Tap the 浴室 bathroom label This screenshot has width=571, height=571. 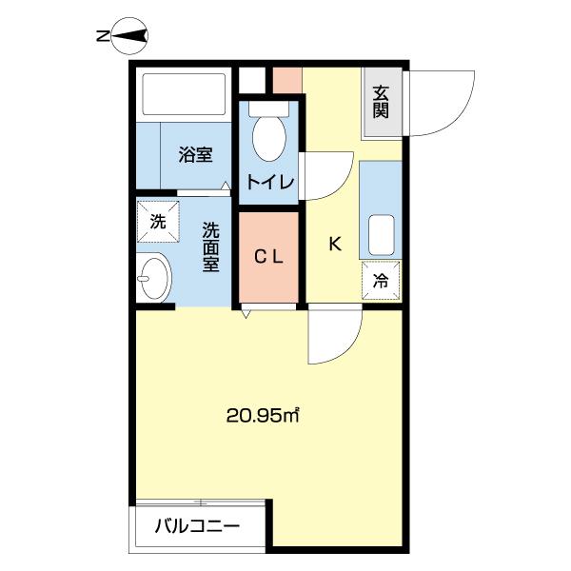click(196, 153)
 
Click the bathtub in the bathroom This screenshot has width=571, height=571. click(184, 96)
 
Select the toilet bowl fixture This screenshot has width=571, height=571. click(270, 138)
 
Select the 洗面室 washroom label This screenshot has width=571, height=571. click(210, 246)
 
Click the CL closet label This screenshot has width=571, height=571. click(271, 256)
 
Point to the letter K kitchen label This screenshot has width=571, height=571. click(334, 245)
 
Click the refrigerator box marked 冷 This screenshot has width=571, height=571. click(381, 280)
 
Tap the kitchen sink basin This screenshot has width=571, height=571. click(382, 234)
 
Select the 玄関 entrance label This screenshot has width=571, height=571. click(382, 101)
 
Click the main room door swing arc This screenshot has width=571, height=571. click(335, 338)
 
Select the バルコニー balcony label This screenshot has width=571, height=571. click(197, 525)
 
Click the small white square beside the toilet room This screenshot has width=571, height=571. click(249, 80)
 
